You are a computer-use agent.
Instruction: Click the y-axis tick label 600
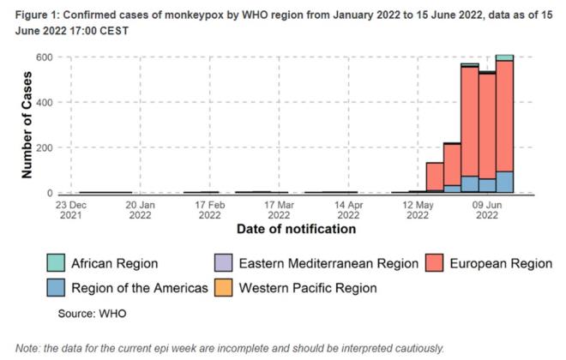click(x=45, y=57)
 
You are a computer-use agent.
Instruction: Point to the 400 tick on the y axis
click(x=45, y=103)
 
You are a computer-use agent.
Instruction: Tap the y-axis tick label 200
click(x=45, y=148)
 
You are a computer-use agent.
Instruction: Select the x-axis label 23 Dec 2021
click(x=71, y=210)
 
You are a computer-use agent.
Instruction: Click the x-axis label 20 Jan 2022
click(x=141, y=210)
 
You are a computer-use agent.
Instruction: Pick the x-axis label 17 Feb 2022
click(x=210, y=210)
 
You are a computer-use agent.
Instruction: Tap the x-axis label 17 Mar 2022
click(x=280, y=210)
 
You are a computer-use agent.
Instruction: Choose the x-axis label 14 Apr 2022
click(x=349, y=210)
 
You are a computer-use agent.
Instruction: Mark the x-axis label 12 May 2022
click(x=418, y=210)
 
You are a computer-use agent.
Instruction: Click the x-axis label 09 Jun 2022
click(x=487, y=210)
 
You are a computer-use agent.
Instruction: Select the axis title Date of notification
click(x=296, y=230)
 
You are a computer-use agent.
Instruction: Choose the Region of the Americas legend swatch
click(x=57, y=288)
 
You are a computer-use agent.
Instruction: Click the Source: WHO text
click(x=92, y=314)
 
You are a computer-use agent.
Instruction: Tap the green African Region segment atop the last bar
click(x=504, y=57)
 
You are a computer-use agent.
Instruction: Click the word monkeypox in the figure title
click(x=196, y=9)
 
